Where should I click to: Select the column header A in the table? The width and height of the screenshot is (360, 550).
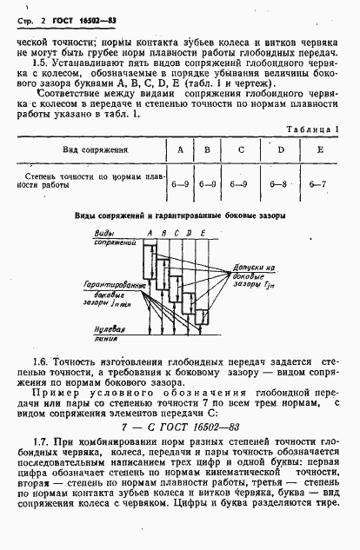click(180, 149)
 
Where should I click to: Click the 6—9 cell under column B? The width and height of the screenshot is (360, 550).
click(207, 184)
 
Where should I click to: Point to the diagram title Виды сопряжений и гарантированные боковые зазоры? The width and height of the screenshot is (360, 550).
click(179, 215)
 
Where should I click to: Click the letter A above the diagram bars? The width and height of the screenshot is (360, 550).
click(150, 233)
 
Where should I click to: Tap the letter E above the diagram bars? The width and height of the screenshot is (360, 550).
click(203, 233)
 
